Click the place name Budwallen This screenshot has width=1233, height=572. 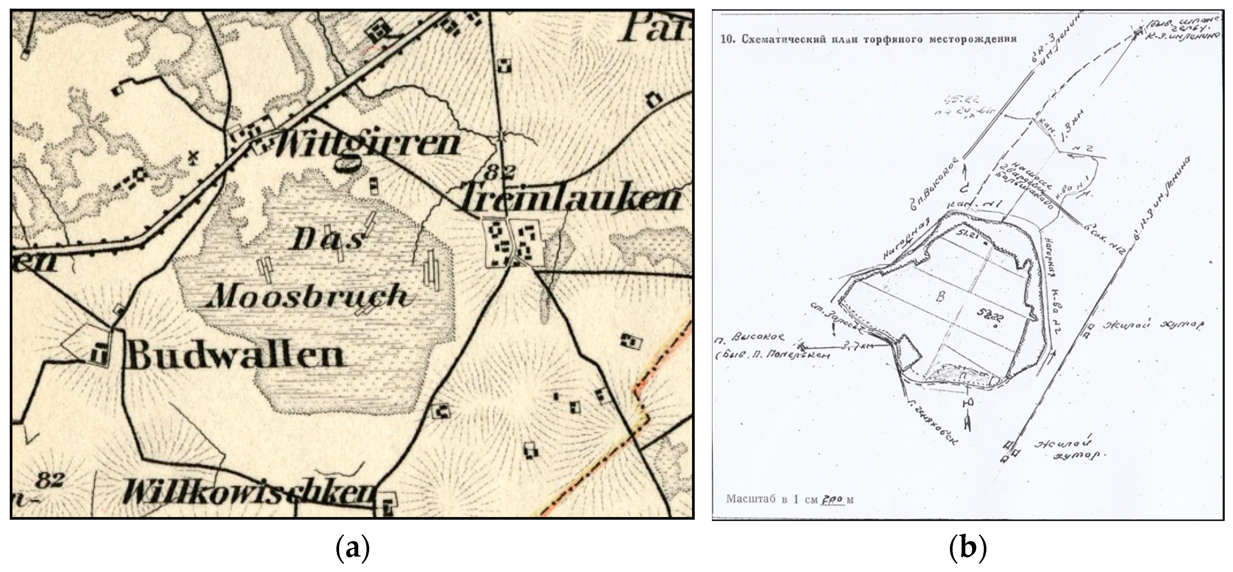click(x=236, y=356)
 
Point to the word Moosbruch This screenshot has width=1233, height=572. click(x=311, y=297)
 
